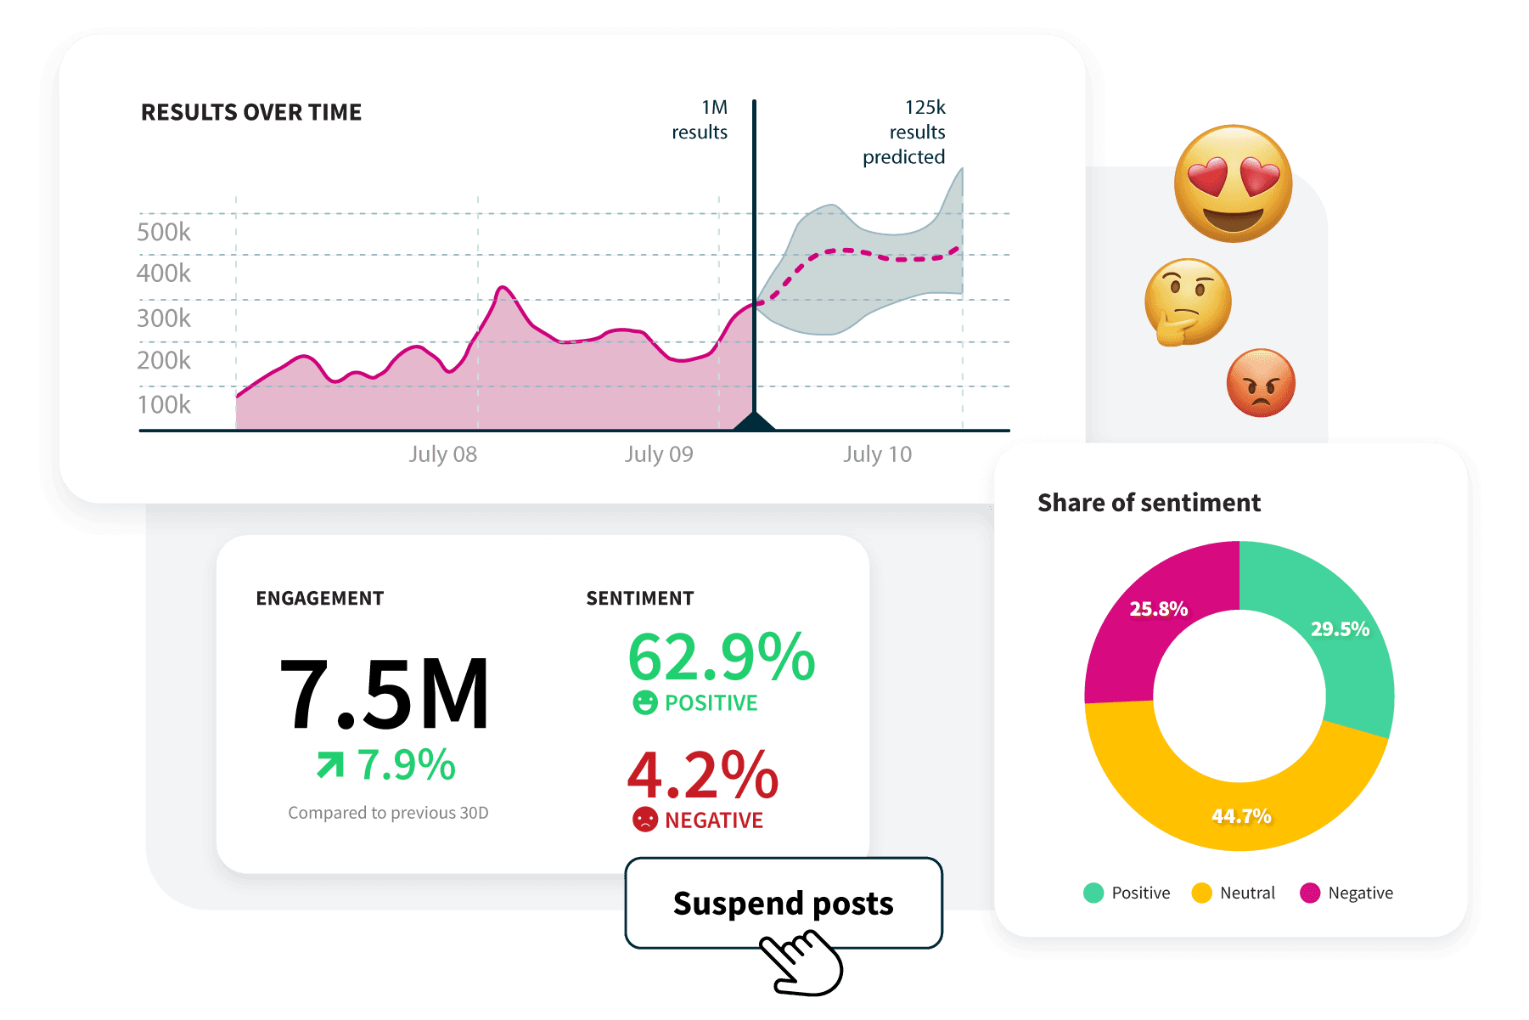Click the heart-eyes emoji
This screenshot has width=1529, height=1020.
(x=1233, y=183)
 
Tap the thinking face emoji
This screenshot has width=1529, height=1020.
(x=1187, y=302)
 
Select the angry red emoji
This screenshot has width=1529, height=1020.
(x=1261, y=383)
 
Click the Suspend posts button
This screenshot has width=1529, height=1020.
(x=783, y=903)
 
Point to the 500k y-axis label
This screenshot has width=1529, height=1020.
(x=164, y=232)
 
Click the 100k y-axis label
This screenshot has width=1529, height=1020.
(x=164, y=404)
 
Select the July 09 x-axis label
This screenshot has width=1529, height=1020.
(x=659, y=454)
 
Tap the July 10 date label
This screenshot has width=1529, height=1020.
(x=877, y=454)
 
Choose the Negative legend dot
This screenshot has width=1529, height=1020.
(x=1310, y=893)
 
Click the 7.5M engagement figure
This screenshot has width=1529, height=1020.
(x=384, y=695)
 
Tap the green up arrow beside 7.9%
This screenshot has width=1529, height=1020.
(x=330, y=764)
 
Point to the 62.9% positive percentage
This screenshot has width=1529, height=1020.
(x=722, y=657)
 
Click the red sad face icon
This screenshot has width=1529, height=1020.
(x=645, y=820)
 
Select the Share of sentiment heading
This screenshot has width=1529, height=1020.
(x=1149, y=503)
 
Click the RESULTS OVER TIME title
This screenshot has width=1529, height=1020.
(x=251, y=112)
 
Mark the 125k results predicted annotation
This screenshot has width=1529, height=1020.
(x=905, y=132)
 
